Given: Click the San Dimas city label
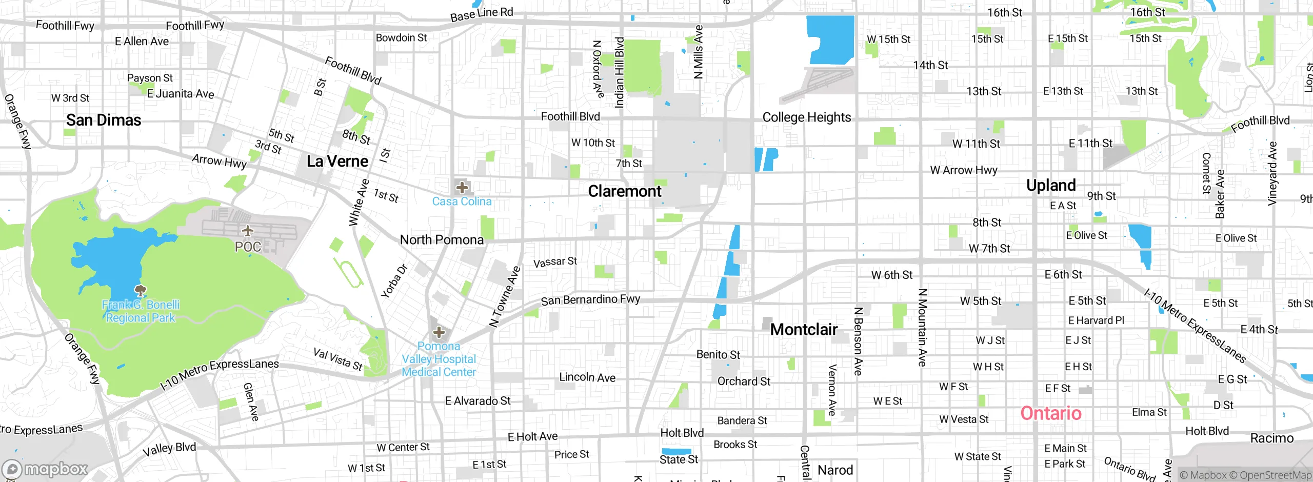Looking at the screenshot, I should [x=104, y=120].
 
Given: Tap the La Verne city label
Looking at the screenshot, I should [x=337, y=162].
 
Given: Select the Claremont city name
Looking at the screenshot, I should [x=624, y=191].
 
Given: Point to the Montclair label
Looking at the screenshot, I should [x=804, y=329].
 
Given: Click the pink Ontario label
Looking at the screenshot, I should [x=1050, y=413].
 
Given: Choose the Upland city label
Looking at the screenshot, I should [x=1050, y=185].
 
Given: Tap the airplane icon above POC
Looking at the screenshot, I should [x=248, y=231].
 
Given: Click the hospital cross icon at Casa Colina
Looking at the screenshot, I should [x=462, y=187].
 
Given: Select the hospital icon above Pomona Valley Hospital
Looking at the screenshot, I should [x=439, y=332].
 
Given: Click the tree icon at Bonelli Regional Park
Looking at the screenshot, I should [x=140, y=291].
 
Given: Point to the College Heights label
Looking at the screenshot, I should [x=806, y=117].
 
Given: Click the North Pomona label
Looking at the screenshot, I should [x=441, y=240].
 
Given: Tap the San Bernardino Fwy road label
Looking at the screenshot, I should [x=590, y=299].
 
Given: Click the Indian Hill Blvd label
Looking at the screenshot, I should [x=619, y=72].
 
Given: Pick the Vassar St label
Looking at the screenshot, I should [x=555, y=262].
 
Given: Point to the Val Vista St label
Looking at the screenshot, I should [x=337, y=359].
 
